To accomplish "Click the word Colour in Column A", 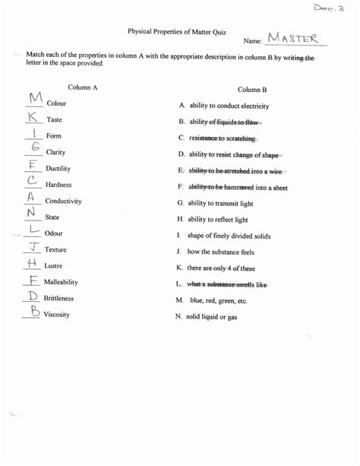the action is tap(57, 103).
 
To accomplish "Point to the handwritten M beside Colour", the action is tap(34, 99).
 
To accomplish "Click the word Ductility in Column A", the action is tap(58, 168).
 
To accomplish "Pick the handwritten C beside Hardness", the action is tap(32, 181).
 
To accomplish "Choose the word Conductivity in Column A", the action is tap(64, 201).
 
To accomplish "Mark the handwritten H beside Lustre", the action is tap(32, 263).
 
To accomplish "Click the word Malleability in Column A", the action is tap(61, 282).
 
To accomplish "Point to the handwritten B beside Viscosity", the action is tap(34, 311).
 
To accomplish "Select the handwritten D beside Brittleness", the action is tap(33, 296).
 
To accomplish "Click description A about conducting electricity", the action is tap(225, 106).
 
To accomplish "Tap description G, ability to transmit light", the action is tap(223, 203).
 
